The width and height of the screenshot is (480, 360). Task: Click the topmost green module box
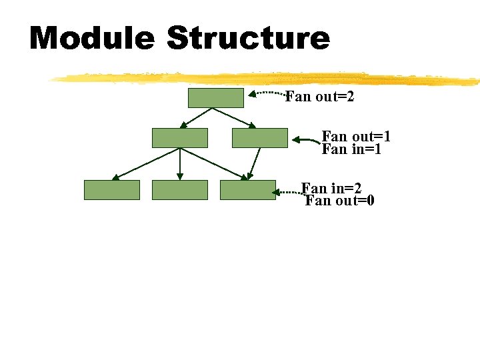point(215,97)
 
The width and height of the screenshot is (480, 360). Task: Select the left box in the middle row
point(180,137)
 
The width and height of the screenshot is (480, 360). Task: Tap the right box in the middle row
point(260,137)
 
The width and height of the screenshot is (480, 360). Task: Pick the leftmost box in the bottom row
point(112,190)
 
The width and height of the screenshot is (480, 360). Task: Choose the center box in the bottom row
point(180,190)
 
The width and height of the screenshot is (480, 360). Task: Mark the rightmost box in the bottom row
point(248,190)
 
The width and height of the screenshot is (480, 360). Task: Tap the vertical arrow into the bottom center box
point(180,164)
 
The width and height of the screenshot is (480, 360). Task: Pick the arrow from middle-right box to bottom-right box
point(253,164)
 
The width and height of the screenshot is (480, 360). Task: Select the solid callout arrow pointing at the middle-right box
point(306,141)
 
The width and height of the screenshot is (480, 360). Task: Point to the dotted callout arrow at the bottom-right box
point(289,193)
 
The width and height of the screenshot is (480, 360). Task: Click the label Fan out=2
point(320,97)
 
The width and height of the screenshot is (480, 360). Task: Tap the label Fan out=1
point(356,137)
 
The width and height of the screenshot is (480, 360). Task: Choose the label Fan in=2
point(331,188)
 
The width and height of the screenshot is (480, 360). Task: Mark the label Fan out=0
point(339,200)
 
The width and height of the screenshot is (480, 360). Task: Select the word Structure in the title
point(248,38)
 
